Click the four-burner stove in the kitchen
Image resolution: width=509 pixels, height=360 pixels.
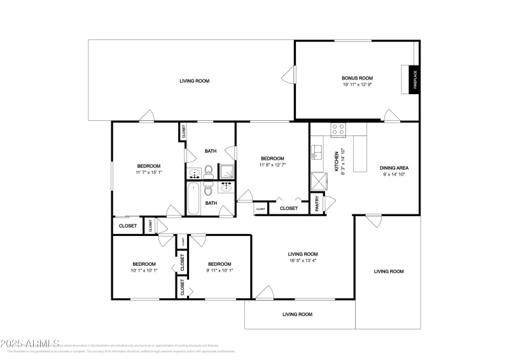click(338, 129)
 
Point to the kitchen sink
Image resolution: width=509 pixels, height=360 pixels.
click(317, 153)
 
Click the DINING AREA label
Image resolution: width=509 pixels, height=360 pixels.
click(394, 168)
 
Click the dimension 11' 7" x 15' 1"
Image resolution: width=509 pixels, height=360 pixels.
click(148, 172)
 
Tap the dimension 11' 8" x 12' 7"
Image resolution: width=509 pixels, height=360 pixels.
click(272, 165)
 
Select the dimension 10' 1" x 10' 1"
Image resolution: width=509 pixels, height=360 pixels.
click(144, 270)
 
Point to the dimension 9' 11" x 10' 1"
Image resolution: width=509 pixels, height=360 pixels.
click(220, 270)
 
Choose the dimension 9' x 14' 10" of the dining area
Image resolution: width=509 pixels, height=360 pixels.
click(394, 174)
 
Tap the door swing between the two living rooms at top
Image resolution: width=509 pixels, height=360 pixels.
click(289, 78)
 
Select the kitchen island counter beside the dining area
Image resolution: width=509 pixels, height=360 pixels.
click(360, 148)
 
